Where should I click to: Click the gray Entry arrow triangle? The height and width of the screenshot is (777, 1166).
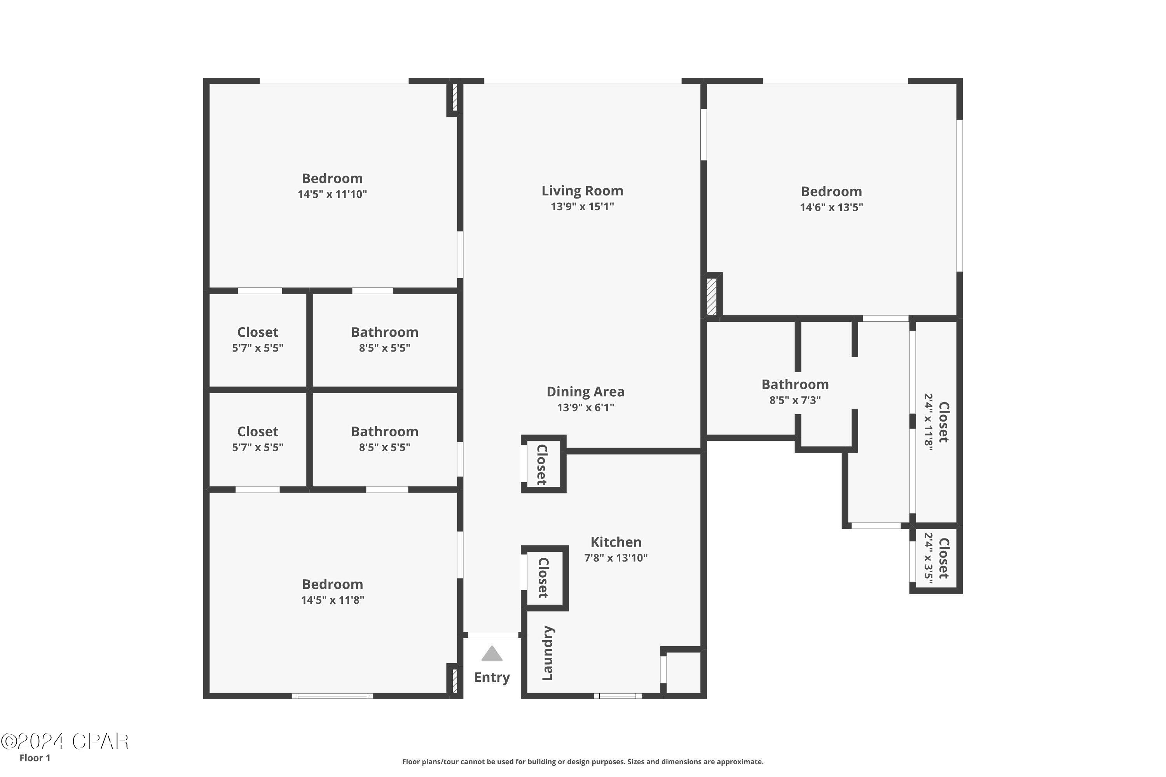[492, 654]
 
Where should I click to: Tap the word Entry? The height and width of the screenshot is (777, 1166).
[492, 678]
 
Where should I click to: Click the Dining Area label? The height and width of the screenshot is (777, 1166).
[585, 392]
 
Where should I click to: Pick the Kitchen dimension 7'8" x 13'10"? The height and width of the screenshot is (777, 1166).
[616, 558]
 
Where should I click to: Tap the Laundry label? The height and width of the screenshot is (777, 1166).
[548, 653]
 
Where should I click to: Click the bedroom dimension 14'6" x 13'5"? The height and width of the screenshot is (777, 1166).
[831, 207]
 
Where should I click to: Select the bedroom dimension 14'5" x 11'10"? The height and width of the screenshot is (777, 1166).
[332, 194]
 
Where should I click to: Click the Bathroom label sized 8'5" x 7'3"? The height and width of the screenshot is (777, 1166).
[795, 385]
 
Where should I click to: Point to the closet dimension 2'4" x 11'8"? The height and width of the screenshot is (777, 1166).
[928, 422]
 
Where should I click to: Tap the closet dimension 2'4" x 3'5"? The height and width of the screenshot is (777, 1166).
[928, 559]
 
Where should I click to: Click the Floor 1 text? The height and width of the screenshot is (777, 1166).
[35, 758]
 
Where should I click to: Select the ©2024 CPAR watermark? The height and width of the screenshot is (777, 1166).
[65, 742]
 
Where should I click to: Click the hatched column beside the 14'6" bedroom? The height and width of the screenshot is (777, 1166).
[711, 296]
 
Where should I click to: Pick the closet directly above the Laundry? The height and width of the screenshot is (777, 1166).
[543, 578]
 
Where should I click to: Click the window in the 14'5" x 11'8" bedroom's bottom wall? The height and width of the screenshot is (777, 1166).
[332, 696]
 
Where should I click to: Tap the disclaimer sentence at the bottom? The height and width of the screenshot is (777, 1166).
[583, 761]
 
